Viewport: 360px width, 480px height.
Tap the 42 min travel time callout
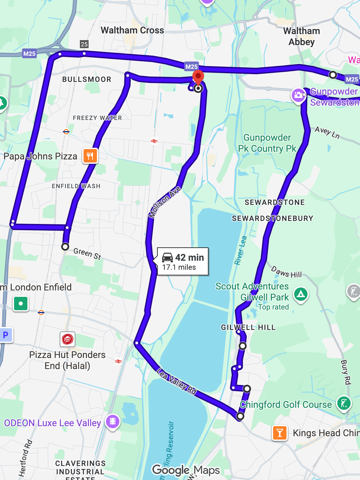[x=183, y=262]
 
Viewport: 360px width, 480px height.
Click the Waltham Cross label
[x=132, y=30]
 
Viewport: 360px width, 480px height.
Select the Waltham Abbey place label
[x=302, y=36]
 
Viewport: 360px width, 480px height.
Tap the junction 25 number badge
[x=84, y=44]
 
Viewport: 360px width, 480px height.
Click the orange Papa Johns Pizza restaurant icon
[x=90, y=156]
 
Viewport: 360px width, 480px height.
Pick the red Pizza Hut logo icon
[x=68, y=339]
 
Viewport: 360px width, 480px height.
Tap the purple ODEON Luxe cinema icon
[x=113, y=422]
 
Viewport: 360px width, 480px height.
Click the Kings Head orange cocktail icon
[x=280, y=433]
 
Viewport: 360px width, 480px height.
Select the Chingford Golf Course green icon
[x=344, y=403]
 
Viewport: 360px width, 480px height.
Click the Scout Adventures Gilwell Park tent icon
[x=301, y=294]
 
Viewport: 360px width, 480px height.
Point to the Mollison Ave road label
[x=165, y=203]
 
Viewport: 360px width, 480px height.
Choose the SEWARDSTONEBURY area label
[x=272, y=219]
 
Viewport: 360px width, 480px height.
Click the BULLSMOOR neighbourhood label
[x=87, y=80]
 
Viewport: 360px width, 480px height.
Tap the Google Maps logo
[x=186, y=470]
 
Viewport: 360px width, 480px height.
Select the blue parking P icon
[x=6, y=335]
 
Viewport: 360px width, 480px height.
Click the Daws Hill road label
[x=286, y=272]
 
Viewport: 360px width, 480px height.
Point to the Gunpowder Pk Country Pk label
[x=267, y=143]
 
